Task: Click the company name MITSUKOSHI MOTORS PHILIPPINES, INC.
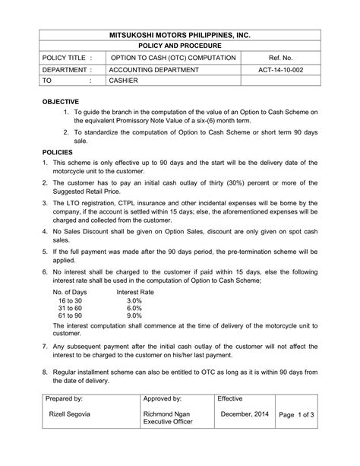point(179,35)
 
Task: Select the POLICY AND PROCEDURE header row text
point(179,46)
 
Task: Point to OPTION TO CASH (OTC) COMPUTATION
point(173,58)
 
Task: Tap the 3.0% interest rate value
point(134,301)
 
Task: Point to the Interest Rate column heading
point(135,292)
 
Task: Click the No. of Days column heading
point(70,292)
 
